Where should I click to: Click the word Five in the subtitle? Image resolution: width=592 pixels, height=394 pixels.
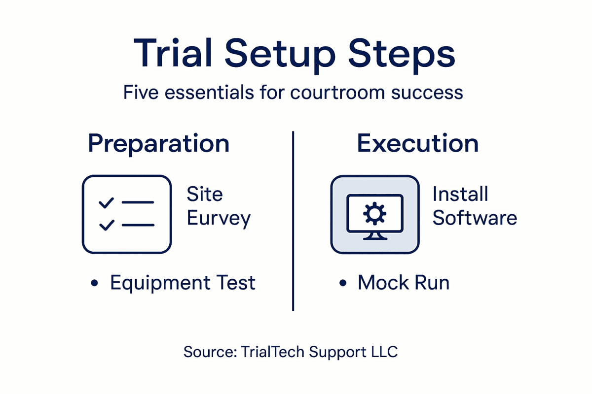pyautogui.click(x=141, y=93)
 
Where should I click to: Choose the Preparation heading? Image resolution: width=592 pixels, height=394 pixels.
pyautogui.click(x=158, y=143)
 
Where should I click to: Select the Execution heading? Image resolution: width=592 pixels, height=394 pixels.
pyautogui.click(x=418, y=143)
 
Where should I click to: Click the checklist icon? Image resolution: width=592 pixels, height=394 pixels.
pyautogui.click(x=127, y=214)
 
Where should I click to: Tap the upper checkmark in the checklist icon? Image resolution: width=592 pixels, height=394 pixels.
pyautogui.click(x=106, y=202)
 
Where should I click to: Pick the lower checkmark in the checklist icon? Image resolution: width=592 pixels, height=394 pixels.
pyautogui.click(x=106, y=225)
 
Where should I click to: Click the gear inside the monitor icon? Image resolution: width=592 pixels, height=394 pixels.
pyautogui.click(x=374, y=213)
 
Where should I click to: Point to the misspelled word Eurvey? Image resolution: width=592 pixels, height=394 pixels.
pyautogui.click(x=219, y=218)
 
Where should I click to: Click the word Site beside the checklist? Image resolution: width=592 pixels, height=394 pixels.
pyautogui.click(x=204, y=194)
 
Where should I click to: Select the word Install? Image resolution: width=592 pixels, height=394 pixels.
pyautogui.click(x=460, y=194)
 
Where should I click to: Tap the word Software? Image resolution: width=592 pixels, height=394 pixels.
pyautogui.click(x=475, y=218)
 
